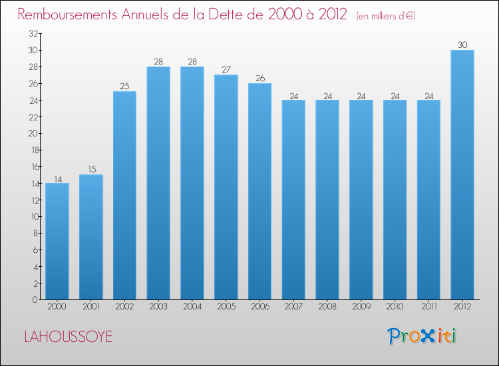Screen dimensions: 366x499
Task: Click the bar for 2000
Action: tap(57, 241)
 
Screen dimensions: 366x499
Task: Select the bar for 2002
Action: tap(124, 195)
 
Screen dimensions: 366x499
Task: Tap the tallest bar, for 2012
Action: tap(462, 174)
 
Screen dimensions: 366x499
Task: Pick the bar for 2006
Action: tap(259, 191)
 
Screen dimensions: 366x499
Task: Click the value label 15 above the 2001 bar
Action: tap(90, 169)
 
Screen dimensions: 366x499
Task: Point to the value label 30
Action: tap(462, 45)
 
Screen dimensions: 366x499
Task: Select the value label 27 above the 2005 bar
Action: tap(226, 69)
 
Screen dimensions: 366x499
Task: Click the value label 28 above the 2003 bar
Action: tap(158, 61)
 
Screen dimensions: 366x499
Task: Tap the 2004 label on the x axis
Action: tap(192, 307)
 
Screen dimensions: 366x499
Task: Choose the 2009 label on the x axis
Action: tap(361, 307)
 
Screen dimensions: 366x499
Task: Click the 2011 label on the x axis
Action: tap(428, 307)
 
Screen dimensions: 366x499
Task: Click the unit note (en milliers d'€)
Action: tap(386, 15)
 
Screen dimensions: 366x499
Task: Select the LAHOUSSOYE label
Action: tap(68, 337)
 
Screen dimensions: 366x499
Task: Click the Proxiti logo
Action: tap(422, 336)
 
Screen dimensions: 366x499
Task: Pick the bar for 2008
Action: tap(327, 200)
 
